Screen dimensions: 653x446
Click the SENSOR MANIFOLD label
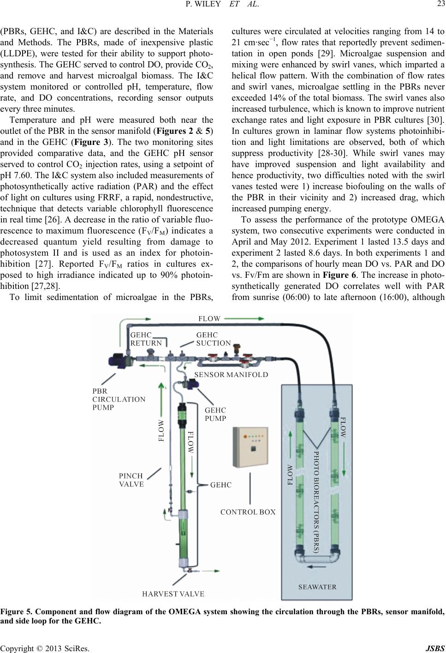(x=231, y=374)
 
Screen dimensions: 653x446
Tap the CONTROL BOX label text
(x=248, y=512)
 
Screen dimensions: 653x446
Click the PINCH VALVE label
(x=131, y=480)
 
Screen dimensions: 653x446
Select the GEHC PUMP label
(x=215, y=414)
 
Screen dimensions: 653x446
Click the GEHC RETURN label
(x=146, y=339)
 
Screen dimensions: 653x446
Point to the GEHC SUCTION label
(x=213, y=339)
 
